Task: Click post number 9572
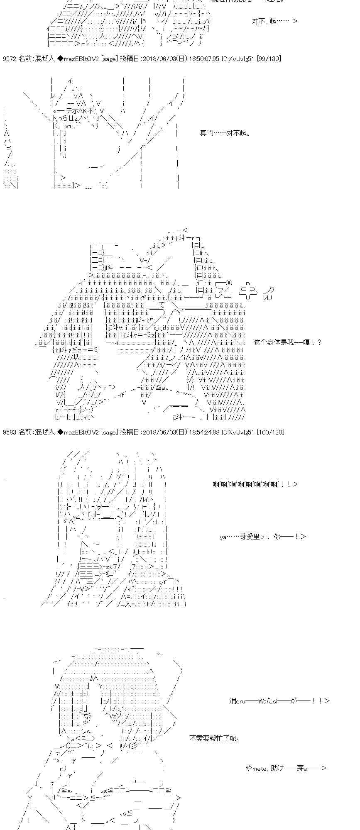(x=10, y=59)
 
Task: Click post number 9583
(x=10, y=432)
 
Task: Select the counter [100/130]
(x=270, y=432)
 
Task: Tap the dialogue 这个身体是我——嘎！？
(x=287, y=342)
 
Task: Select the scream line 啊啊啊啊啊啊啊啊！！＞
(x=255, y=484)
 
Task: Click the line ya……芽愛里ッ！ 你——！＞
(x=263, y=537)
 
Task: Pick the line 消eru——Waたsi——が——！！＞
(x=279, y=701)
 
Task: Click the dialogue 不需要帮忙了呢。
(x=214, y=738)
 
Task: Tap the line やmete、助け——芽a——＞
(x=286, y=768)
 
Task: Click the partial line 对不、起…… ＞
(x=274, y=21)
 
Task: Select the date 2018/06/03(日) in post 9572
(x=162, y=59)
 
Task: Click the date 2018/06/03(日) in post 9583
(x=162, y=432)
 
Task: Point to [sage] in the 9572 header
(x=109, y=59)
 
